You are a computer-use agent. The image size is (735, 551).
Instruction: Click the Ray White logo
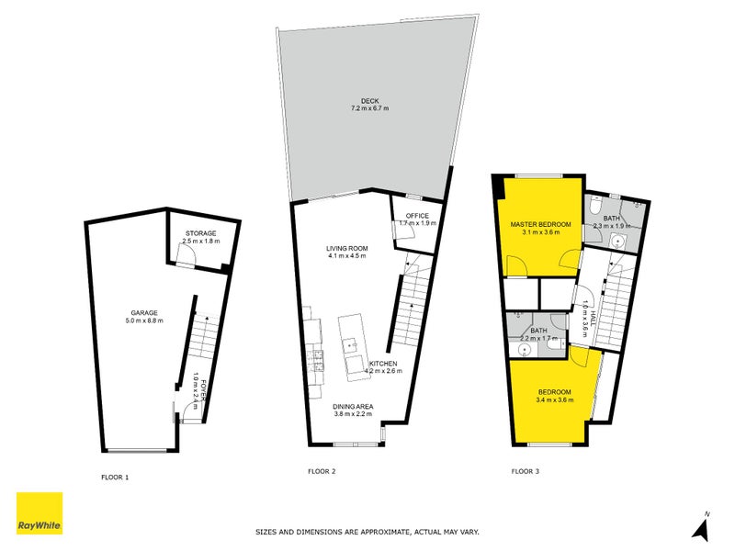pos(40,513)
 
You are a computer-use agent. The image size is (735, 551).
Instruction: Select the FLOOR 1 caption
pos(115,477)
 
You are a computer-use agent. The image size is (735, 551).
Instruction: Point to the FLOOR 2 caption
pos(321,472)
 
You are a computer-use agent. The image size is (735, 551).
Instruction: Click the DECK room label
pos(369,101)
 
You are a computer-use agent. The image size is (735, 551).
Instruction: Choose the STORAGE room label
pos(199,235)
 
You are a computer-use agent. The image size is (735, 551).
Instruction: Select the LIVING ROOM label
pos(346,249)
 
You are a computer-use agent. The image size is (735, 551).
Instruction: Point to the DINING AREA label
pos(353,406)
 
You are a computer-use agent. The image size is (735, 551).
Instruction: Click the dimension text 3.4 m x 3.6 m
pos(555,400)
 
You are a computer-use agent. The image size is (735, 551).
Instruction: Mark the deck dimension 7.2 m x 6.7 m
pos(369,109)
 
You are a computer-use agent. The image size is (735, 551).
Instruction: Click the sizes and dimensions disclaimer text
pos(367,532)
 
